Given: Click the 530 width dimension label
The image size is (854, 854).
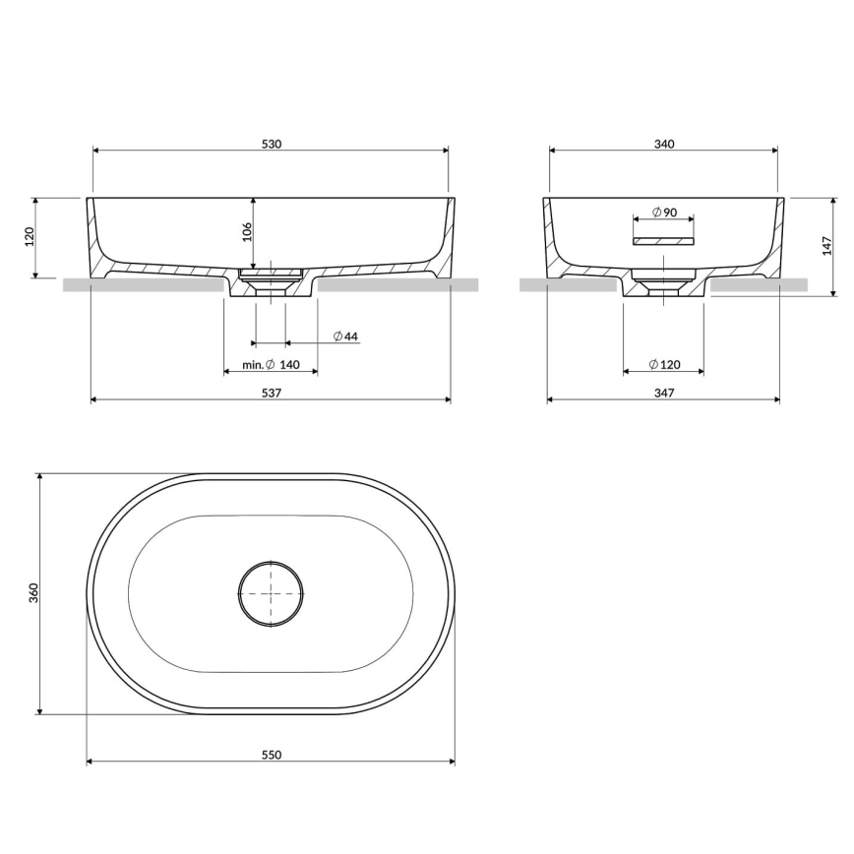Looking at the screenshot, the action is click(x=272, y=144).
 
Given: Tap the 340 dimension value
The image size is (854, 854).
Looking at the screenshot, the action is click(x=664, y=144).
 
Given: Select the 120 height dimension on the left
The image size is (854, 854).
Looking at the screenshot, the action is click(x=30, y=236).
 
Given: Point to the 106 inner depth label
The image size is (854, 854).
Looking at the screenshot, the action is click(x=247, y=232).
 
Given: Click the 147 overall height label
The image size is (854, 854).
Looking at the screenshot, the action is click(x=827, y=246).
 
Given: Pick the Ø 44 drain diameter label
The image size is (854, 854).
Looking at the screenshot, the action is click(x=346, y=336).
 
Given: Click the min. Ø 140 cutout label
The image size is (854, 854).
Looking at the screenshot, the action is click(x=272, y=364).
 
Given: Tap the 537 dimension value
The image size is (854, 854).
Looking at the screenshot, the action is click(x=272, y=393).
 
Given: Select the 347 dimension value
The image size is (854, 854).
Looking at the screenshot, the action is click(x=664, y=393).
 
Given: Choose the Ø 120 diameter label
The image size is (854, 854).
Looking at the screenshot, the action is click(x=664, y=364).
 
